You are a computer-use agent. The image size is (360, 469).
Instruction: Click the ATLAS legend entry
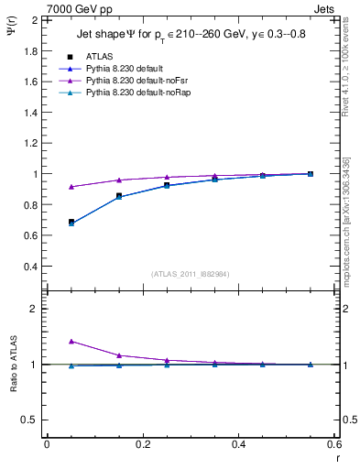(100, 57)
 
